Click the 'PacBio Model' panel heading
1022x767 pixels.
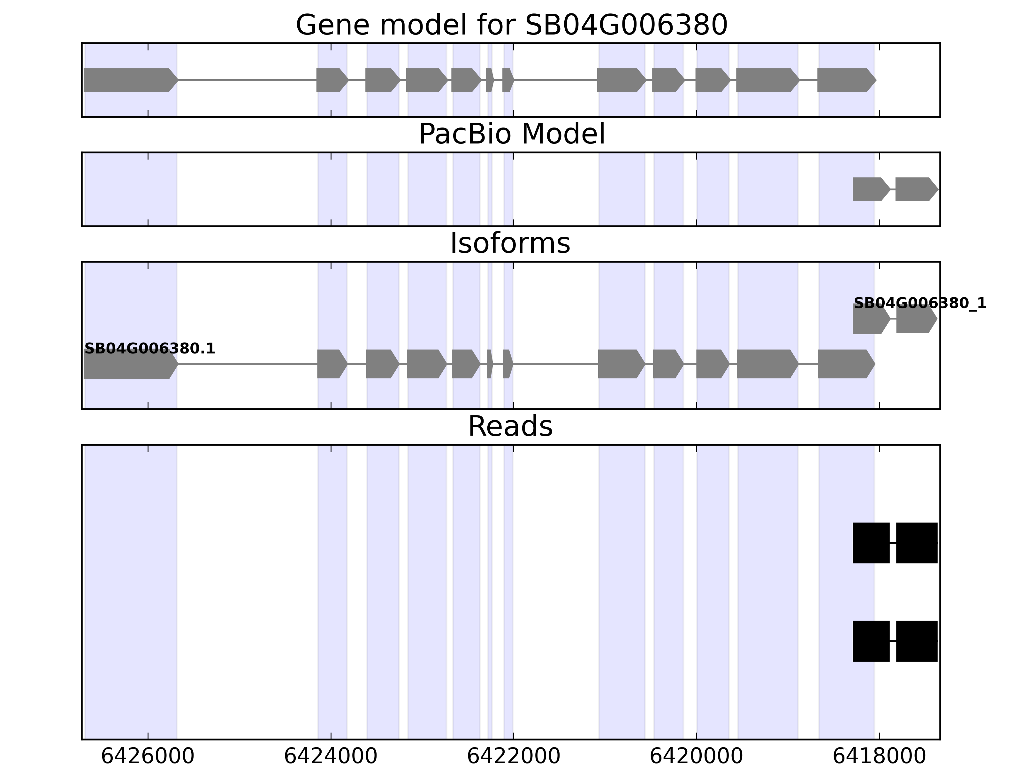coord(511,134)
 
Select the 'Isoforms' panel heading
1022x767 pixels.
coord(510,244)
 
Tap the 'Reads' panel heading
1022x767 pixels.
coord(510,426)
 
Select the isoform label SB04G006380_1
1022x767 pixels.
coord(920,303)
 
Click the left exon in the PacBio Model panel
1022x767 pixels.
coord(870,189)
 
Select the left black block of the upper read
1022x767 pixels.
coord(871,543)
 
